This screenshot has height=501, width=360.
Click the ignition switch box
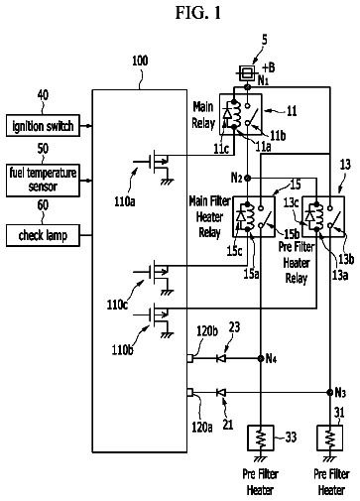[x=43, y=126]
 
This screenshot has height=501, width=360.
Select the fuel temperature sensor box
[x=43, y=181]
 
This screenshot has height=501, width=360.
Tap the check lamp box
[x=43, y=235]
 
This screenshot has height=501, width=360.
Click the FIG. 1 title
[x=197, y=13]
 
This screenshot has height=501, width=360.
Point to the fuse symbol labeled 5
[x=247, y=72]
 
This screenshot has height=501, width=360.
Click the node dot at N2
[x=248, y=179]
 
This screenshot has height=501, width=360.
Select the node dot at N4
[x=261, y=358]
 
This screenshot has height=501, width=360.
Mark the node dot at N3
[x=330, y=393]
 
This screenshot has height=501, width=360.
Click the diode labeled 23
[x=221, y=358]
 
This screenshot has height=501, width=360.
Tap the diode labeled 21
[x=221, y=393]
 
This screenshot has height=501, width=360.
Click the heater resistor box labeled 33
[x=261, y=438]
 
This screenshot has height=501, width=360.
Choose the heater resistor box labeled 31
[x=330, y=438]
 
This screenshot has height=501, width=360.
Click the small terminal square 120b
[x=190, y=358]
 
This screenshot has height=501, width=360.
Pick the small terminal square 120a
[x=190, y=393]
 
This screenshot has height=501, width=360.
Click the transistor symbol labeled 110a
[x=155, y=166]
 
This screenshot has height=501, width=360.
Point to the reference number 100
[x=140, y=61]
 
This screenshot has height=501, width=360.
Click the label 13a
[x=340, y=275]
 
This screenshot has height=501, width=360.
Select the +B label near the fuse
[x=268, y=67]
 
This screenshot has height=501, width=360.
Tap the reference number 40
[x=43, y=95]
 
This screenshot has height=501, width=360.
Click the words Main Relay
[x=203, y=115]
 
